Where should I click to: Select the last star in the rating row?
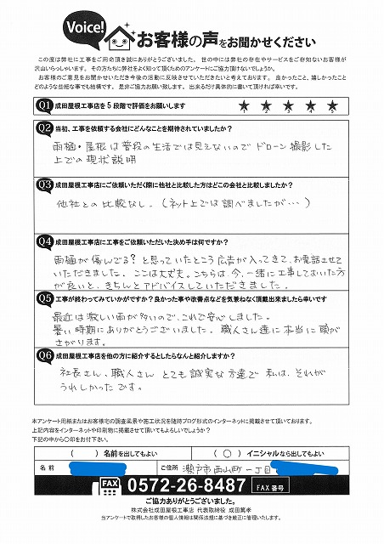334,105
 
